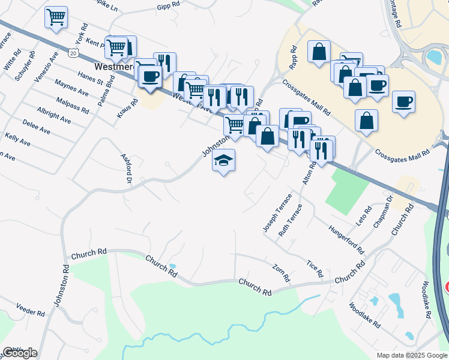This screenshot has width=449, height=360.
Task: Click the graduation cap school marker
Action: click(x=223, y=161)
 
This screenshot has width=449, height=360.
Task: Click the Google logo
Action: click(x=19, y=353)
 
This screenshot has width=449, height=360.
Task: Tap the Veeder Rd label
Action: click(x=31, y=313)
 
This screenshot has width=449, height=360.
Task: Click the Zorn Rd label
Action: click(x=281, y=273)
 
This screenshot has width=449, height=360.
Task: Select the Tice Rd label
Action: click(x=315, y=269)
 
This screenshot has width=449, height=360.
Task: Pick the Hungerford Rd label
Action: click(x=346, y=239)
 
